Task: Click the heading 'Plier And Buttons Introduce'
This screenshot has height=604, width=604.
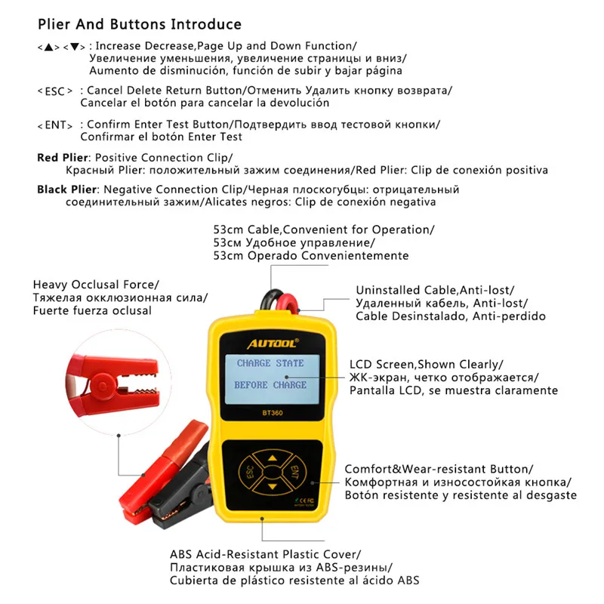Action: pos(139,25)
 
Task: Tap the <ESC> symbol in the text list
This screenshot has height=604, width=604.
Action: pos(56,91)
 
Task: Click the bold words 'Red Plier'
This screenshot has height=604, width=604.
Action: pos(63,157)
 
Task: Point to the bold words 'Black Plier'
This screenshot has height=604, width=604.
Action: pos(67,190)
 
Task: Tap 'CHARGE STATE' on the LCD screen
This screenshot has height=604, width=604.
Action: pos(270,363)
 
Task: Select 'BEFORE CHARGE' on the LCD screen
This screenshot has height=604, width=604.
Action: pos(270,385)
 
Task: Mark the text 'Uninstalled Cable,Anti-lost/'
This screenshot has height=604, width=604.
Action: pos(434,290)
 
